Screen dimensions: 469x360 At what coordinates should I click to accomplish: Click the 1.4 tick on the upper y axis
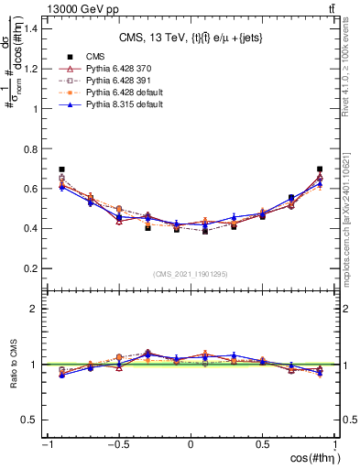33,28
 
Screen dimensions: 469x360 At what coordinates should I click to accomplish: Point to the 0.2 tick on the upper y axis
33,268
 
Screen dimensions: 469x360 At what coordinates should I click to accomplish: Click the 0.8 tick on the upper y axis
33,148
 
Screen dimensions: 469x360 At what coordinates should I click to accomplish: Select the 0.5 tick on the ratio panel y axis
33,420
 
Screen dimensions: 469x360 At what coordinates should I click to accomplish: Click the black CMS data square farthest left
61,169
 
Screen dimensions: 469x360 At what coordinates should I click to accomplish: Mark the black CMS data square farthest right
320,169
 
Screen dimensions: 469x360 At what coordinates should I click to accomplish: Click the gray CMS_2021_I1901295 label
190,275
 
